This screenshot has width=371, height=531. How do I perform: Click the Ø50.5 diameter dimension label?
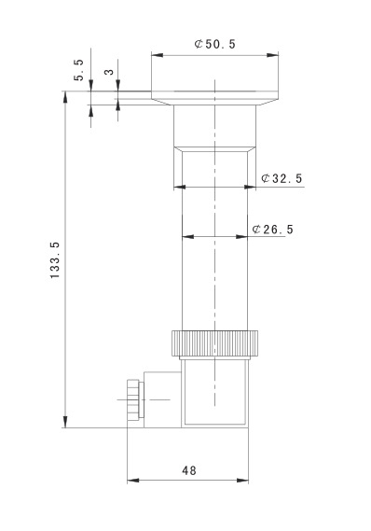[214, 44]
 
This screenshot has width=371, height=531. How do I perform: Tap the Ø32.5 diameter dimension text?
[282, 178]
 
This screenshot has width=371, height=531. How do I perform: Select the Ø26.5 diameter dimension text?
[272, 230]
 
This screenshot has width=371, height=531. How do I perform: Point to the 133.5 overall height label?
[54, 260]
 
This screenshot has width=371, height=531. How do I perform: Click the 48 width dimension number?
[188, 470]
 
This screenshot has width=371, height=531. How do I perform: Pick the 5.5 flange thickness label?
[78, 70]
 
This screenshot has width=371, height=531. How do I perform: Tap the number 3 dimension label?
[109, 72]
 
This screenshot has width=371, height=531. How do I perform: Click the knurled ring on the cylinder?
[214, 343]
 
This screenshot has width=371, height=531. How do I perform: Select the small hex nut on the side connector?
[132, 400]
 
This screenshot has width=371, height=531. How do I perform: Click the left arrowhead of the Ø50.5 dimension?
[158, 55]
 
